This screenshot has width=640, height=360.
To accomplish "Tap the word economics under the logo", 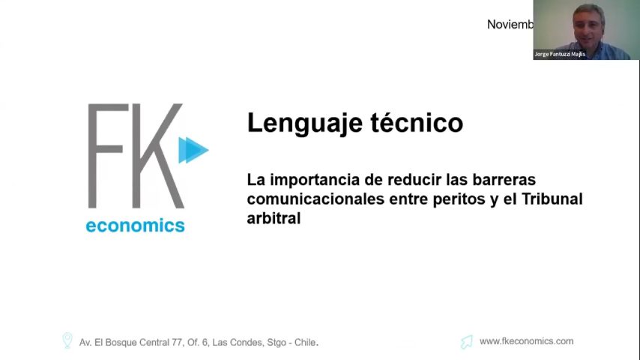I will [x=135, y=225].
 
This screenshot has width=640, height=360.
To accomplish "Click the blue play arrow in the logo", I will [x=193, y=150].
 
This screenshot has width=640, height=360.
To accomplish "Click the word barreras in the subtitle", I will [x=504, y=181].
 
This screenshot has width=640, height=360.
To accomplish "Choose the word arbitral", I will [x=274, y=218].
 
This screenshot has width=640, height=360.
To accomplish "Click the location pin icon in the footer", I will [x=67, y=341].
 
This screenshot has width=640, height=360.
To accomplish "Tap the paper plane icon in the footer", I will [x=467, y=342].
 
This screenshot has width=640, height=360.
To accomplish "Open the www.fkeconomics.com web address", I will [x=526, y=341].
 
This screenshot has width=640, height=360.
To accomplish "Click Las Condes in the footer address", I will [x=238, y=342].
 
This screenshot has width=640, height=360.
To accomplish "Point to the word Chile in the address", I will [x=304, y=342].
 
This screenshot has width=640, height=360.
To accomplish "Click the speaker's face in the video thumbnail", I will [x=585, y=21].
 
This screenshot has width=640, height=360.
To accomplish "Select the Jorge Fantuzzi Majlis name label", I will [x=559, y=54].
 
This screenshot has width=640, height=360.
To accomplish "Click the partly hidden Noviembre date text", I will [x=510, y=25].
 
